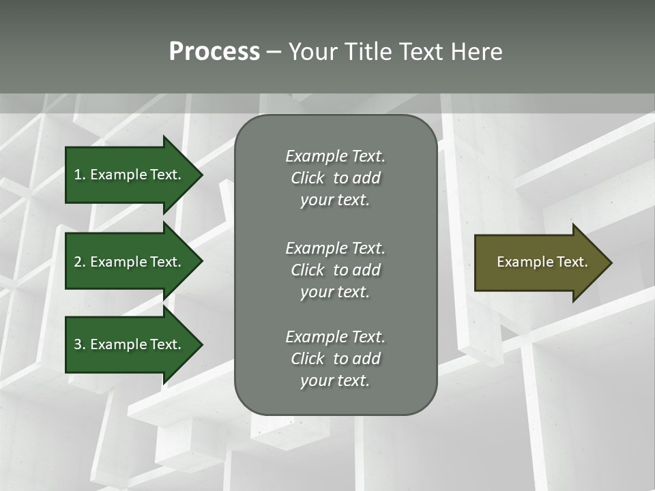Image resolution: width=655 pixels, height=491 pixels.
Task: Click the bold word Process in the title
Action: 214,52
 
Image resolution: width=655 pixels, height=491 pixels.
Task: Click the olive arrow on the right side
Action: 539,263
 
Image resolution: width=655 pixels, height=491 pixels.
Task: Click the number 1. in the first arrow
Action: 79,175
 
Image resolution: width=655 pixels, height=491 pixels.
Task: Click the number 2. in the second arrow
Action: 79,262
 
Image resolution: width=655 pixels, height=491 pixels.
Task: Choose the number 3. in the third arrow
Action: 79,344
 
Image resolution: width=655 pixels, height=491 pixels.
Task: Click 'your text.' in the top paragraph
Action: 335,200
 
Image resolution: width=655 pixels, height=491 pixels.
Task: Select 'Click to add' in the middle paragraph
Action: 335,270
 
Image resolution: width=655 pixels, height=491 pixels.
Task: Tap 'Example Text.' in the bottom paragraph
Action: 335,337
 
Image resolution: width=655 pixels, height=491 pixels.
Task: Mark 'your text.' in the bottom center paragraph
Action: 335,381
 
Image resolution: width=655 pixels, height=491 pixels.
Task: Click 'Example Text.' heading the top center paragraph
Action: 335,156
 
